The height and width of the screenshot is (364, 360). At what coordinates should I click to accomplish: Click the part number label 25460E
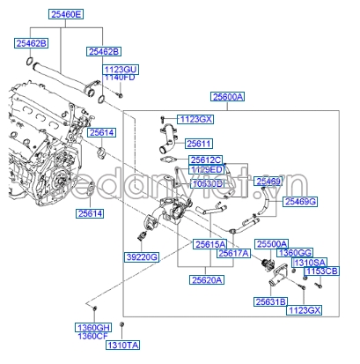coord(67,16)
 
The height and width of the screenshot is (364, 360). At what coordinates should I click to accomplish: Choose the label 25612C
coord(207,160)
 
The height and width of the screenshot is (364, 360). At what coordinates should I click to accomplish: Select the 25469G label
coord(300,202)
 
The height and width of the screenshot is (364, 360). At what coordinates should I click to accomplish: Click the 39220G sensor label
coord(140,256)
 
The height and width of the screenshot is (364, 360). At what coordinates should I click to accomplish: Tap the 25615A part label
coord(210,243)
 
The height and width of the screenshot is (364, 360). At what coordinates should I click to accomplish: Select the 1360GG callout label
coord(294,253)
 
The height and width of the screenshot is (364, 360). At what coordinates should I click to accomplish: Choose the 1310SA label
coord(308,263)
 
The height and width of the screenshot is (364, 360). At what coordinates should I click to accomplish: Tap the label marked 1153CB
coord(321,271)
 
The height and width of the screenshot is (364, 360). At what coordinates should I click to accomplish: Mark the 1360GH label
coord(92,327)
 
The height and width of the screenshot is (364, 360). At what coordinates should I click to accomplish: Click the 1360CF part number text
coord(92,336)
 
